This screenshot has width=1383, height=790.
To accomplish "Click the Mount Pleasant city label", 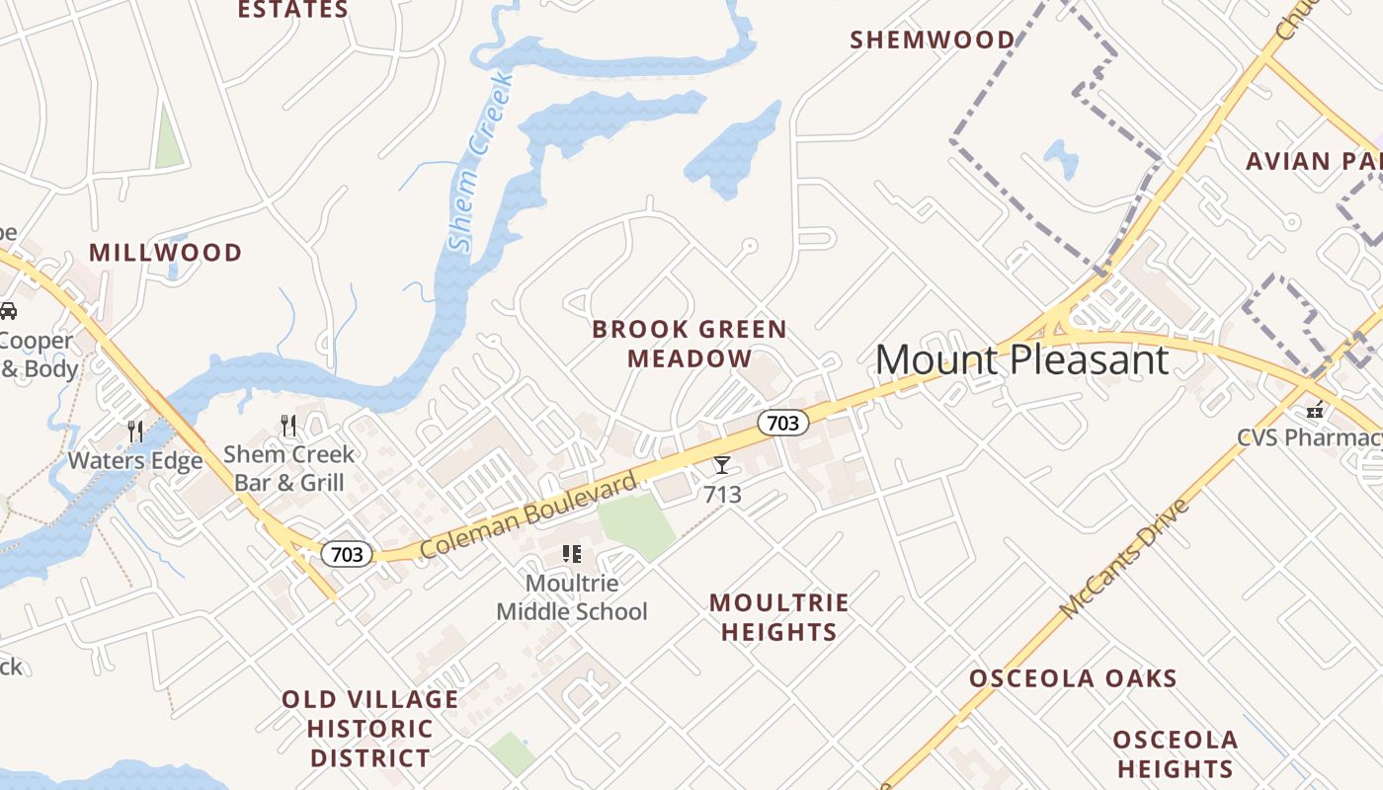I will [1021, 359].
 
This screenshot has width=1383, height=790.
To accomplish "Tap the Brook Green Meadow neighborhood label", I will [690, 344].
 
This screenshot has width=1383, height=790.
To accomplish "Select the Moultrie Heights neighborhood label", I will [778, 617].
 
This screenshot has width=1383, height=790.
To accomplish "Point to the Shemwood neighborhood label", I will [933, 39].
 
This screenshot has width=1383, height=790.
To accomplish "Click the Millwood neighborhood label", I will [165, 253].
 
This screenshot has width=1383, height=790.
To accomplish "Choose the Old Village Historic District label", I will [369, 729].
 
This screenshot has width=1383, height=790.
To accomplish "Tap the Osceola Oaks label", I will [1073, 678].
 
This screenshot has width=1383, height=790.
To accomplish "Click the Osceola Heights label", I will [1175, 753].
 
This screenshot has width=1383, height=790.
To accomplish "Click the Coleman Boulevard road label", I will [529, 515].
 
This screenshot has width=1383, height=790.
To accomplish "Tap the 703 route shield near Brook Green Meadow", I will [782, 423].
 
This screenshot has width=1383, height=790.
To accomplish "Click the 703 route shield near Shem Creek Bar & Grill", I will [347, 554].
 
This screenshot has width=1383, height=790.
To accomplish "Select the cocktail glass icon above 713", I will [722, 465].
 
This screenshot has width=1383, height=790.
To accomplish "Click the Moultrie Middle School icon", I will [571, 554].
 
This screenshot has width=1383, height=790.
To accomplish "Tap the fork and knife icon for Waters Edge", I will [134, 432].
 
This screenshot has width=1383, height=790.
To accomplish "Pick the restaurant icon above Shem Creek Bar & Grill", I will [288, 426].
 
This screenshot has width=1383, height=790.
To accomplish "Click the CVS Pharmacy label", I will [1309, 437].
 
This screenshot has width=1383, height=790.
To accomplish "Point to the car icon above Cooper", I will [7, 311].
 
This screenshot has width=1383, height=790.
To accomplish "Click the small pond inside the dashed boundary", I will [1061, 158].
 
